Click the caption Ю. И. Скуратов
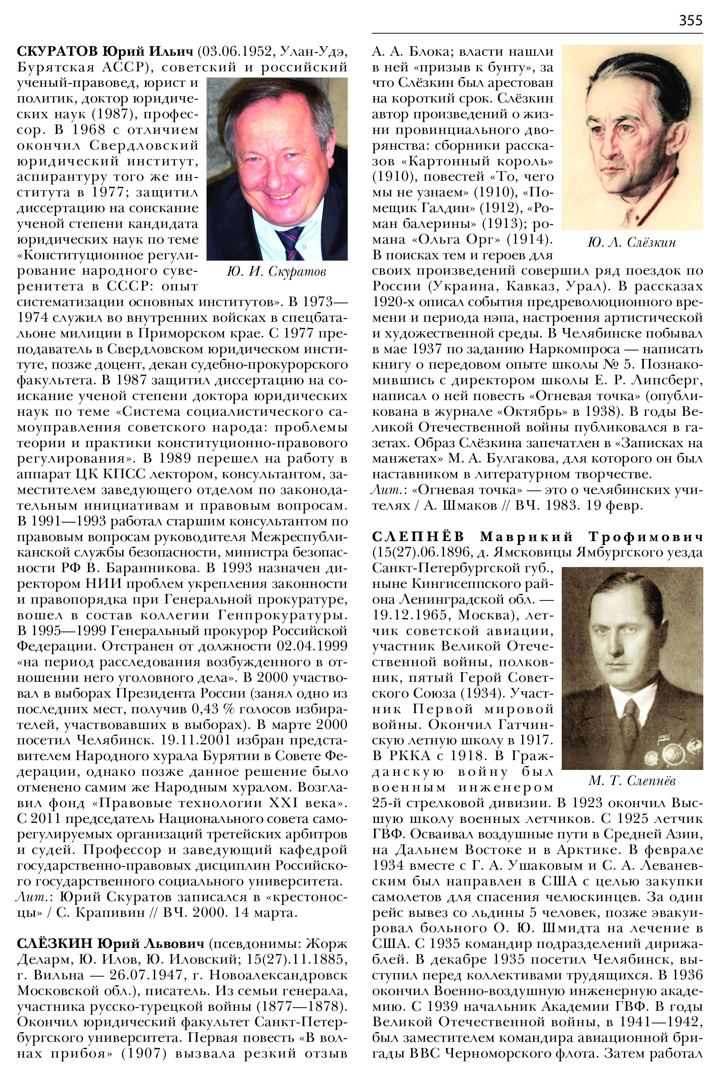tap(277, 272)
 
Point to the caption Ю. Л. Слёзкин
tap(631, 243)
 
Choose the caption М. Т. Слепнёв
tap(631, 781)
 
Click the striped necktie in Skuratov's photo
tap(290, 243)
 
